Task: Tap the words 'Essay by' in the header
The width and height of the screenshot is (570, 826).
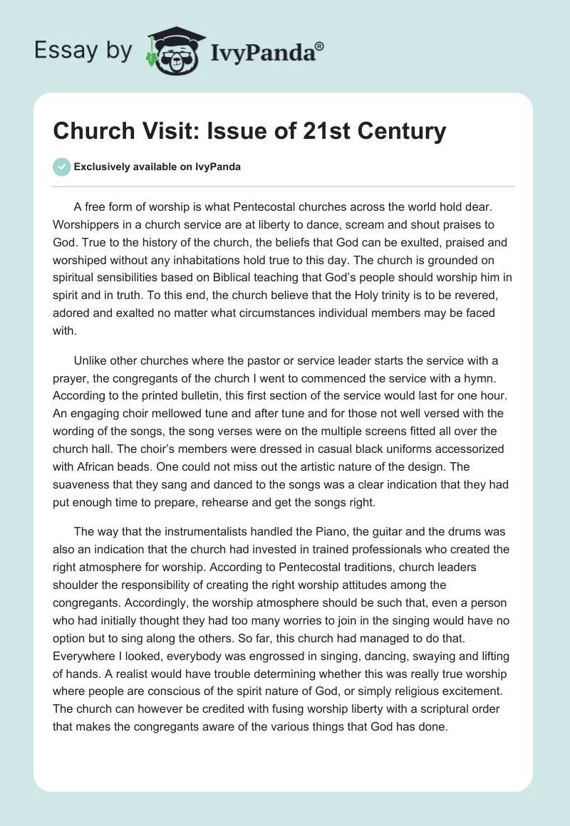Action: click(x=83, y=51)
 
